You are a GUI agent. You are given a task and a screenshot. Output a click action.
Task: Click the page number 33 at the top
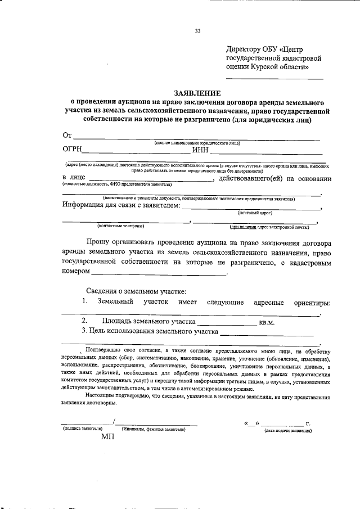click(x=197, y=31)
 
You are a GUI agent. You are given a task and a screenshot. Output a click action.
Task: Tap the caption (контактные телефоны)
click(x=120, y=227)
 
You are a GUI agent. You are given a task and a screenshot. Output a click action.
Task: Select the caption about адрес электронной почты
click(x=269, y=227)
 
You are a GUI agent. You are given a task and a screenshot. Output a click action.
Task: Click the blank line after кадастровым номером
click(x=159, y=274)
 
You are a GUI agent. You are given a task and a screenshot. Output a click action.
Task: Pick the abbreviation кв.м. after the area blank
click(x=266, y=322)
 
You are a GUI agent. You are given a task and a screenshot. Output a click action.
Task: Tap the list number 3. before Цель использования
click(x=84, y=332)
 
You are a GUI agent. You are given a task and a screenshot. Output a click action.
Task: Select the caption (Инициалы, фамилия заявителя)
click(x=154, y=430)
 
